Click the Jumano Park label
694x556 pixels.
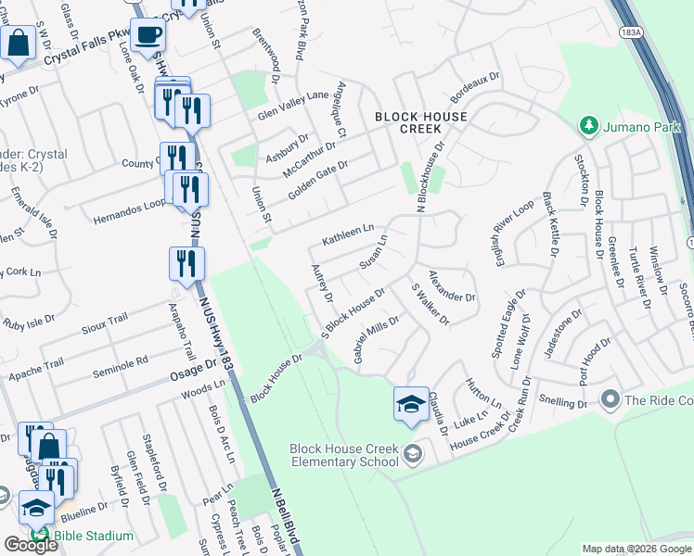click(x=640, y=124)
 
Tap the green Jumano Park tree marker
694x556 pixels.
click(x=586, y=124)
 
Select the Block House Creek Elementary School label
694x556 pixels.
click(x=344, y=454)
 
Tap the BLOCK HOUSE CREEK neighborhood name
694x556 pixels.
click(x=420, y=122)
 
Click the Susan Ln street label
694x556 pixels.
click(x=372, y=252)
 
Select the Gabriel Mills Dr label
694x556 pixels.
click(x=376, y=339)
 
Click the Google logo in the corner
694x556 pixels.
click(x=30, y=545)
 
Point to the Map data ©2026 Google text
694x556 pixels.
click(x=636, y=549)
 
